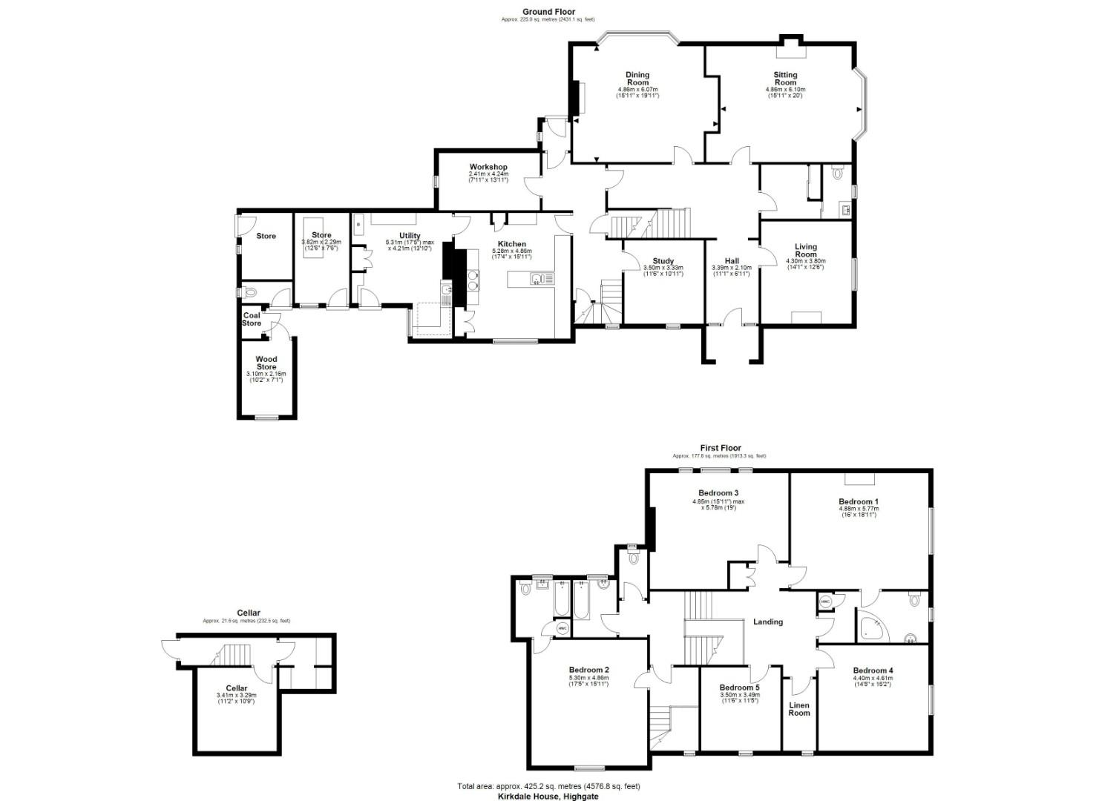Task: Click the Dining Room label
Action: [x=637, y=79]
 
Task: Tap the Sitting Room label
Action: [x=785, y=79]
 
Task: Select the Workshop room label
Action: [x=488, y=167]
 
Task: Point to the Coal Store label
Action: [x=252, y=319]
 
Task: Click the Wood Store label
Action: [x=266, y=363]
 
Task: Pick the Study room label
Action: [x=663, y=261]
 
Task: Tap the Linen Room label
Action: [x=799, y=709]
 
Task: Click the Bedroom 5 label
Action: [x=739, y=688]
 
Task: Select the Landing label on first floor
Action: [x=768, y=622]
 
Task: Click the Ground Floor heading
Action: [x=548, y=11]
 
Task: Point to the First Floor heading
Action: [x=721, y=448]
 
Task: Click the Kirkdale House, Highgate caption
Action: [x=548, y=796]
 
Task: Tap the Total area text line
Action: [x=548, y=786]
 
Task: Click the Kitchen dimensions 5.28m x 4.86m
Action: [x=512, y=251]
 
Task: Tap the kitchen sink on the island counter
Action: [x=538, y=279]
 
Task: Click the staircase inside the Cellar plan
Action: [x=236, y=656]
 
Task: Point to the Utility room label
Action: [x=410, y=236]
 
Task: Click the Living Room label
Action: [x=806, y=251]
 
